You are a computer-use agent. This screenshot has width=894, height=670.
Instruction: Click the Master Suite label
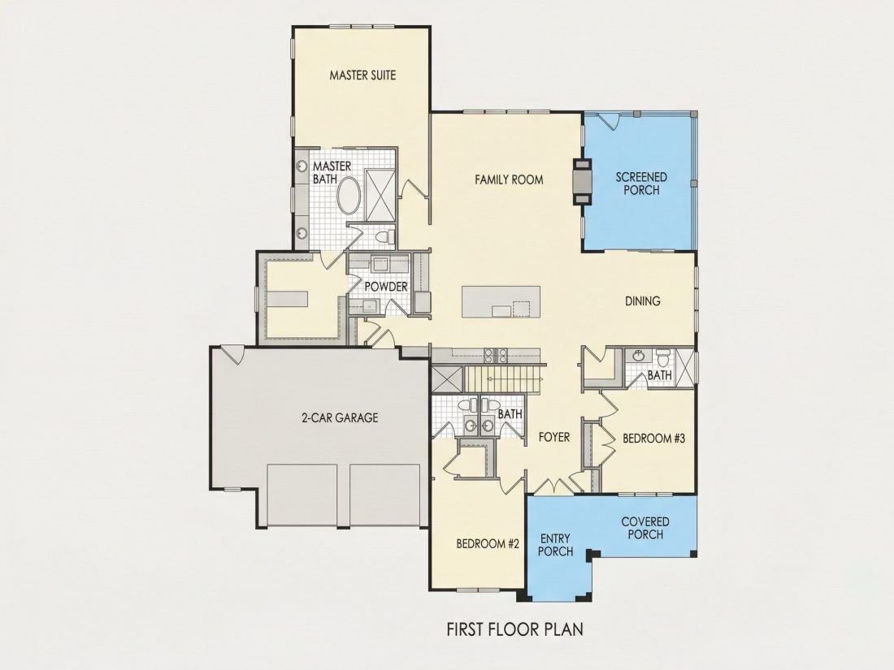point(362,75)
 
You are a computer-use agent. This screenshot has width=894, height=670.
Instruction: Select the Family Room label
point(509,179)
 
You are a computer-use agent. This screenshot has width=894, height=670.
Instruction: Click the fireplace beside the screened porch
point(583,181)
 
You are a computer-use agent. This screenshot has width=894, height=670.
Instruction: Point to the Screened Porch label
point(641,184)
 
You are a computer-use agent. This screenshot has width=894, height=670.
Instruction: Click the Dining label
point(643,300)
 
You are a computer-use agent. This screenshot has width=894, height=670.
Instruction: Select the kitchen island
point(501,302)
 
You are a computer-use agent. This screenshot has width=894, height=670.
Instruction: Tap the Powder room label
point(386,286)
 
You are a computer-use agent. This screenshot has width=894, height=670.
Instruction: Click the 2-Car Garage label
point(340,417)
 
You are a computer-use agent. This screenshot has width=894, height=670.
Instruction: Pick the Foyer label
point(554,437)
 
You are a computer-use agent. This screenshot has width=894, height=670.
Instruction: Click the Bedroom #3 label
point(653,438)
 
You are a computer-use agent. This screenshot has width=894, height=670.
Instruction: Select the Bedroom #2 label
point(488,543)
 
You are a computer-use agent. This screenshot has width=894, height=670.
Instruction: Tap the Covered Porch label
point(645,528)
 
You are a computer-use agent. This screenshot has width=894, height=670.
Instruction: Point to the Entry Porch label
point(555,545)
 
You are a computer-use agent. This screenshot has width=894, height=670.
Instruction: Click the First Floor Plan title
point(514,629)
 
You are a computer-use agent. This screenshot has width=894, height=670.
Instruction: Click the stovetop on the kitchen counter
point(496,356)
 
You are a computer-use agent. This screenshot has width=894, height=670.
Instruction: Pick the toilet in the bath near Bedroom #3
point(662,359)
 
